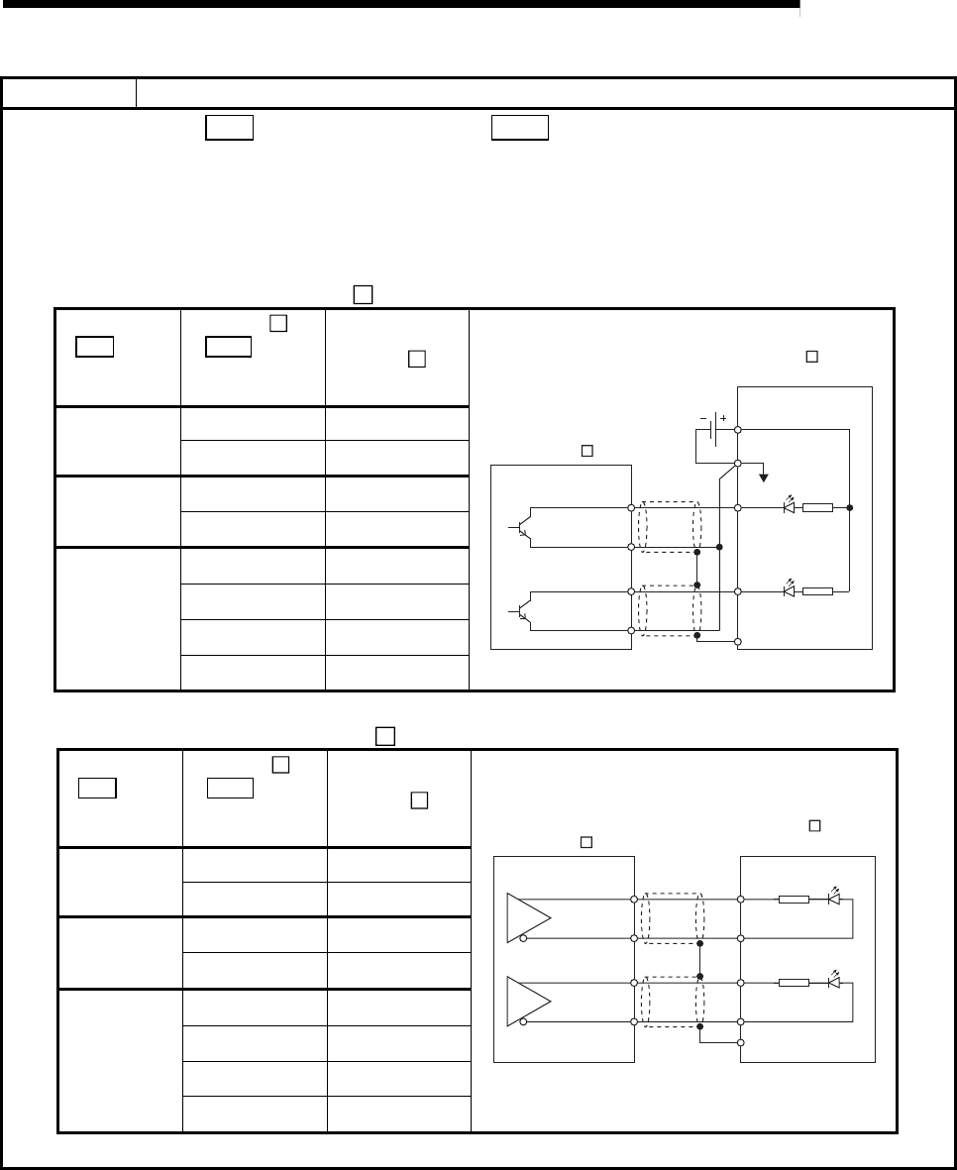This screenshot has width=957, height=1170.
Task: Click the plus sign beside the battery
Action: (x=723, y=419)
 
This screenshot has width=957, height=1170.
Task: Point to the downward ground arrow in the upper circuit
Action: (x=763, y=478)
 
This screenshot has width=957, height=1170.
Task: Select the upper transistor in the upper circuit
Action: (x=525, y=527)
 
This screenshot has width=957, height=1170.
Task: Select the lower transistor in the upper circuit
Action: (x=525, y=611)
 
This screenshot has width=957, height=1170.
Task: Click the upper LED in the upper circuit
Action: (x=789, y=506)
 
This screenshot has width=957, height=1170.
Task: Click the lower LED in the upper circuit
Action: (x=789, y=590)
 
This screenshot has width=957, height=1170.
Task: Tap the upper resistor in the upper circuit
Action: (x=818, y=507)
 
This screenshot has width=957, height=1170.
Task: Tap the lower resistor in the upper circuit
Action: (x=818, y=591)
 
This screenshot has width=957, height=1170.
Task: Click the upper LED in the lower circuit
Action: (x=834, y=899)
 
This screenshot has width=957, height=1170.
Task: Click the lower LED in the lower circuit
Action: (x=834, y=982)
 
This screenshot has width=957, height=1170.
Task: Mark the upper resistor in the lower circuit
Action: (x=795, y=900)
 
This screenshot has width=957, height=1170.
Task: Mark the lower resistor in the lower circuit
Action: (x=795, y=983)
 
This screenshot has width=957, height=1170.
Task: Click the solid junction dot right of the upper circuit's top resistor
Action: (x=850, y=507)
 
